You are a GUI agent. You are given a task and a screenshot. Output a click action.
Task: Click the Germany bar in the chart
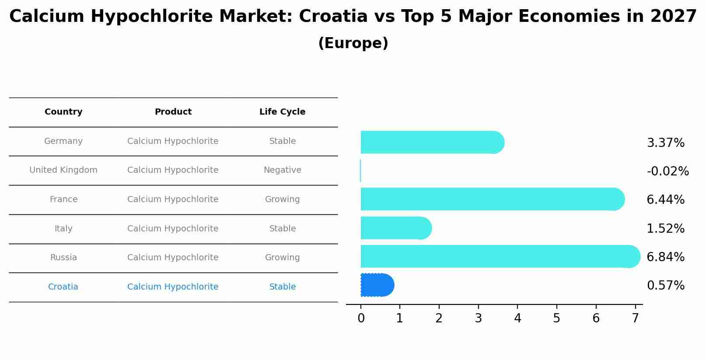(431, 142)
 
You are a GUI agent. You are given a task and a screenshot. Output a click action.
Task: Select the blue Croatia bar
(376, 285)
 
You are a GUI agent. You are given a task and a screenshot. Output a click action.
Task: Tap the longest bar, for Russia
(499, 256)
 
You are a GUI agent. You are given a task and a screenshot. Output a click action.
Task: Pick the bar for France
(490, 199)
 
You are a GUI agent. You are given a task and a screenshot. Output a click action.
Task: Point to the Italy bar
(395, 228)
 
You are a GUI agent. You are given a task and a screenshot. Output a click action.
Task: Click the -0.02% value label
(668, 171)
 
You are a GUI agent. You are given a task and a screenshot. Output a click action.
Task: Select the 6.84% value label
(665, 257)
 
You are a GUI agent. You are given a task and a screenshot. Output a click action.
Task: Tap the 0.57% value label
(665, 286)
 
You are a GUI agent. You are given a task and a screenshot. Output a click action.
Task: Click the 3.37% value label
(665, 143)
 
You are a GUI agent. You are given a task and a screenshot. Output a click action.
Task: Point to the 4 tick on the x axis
(517, 318)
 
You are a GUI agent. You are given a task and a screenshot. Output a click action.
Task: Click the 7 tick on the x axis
(635, 318)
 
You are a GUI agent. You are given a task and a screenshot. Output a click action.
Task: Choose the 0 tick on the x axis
(361, 318)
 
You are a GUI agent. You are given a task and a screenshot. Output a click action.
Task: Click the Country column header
(63, 112)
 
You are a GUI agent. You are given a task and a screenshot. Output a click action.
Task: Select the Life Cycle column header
(282, 112)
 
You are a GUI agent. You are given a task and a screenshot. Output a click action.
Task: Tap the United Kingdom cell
(63, 170)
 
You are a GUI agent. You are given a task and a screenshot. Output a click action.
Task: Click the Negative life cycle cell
(282, 170)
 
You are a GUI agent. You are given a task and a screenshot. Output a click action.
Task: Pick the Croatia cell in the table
(63, 287)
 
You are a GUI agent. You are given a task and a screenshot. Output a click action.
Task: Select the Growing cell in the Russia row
(282, 258)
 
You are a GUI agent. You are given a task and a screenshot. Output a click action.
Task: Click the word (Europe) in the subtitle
(353, 43)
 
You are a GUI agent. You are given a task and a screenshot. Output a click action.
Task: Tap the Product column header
(173, 112)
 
